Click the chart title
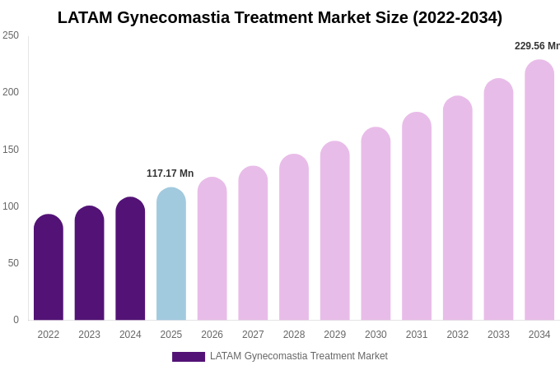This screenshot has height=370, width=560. pos(280,17)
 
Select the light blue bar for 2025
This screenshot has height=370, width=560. pos(171,254)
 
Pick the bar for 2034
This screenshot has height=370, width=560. pos(539,190)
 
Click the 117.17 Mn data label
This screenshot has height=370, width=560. pos(170,173)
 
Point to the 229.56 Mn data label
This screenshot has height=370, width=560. pos(537,46)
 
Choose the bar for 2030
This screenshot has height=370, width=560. pos(376,224)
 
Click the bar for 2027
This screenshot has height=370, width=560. pos(253,243)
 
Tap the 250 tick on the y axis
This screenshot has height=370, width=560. pos(11,35)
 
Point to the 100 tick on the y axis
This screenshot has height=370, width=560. pos(11,206)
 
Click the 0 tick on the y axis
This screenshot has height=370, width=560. pos(16,320)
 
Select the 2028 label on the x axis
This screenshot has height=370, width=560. pos(294,335)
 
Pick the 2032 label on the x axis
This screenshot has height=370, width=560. pos(458,335)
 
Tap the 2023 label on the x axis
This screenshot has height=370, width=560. pos(90,335)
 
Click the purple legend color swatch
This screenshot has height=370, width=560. pos(189,357)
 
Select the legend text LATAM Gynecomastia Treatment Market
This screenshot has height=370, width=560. pos(299,356)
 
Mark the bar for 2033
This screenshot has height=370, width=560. pos(498,200)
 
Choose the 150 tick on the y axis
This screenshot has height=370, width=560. pos(11,150)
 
